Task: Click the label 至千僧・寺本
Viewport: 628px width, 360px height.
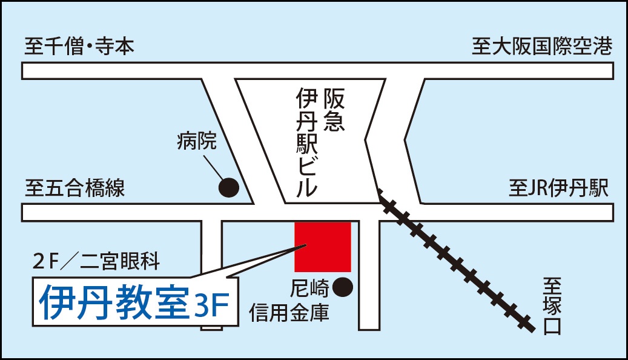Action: pyautogui.click(x=79, y=46)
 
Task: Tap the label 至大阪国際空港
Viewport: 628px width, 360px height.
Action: pyautogui.click(x=542, y=46)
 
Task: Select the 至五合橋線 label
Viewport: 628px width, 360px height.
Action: pyautogui.click(x=75, y=188)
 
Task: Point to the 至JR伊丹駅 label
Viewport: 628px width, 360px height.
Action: pyautogui.click(x=559, y=188)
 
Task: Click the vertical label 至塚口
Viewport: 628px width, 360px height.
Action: pyautogui.click(x=553, y=306)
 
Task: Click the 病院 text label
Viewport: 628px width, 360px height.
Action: pyautogui.click(x=196, y=141)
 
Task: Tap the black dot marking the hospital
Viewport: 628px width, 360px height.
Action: pyautogui.click(x=229, y=187)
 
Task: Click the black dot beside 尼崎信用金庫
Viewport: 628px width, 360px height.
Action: pyautogui.click(x=343, y=287)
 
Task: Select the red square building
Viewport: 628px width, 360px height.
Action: pyautogui.click(x=323, y=247)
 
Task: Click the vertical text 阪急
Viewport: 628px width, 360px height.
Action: pyautogui.click(x=334, y=110)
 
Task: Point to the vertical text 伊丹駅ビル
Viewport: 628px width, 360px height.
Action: pyautogui.click(x=307, y=143)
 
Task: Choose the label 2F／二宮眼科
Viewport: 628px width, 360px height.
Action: pyautogui.click(x=96, y=262)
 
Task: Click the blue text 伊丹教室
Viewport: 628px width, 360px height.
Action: pyautogui.click(x=114, y=302)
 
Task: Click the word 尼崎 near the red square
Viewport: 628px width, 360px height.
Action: pyautogui.click(x=309, y=288)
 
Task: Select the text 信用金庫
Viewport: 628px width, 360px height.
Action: pyautogui.click(x=289, y=313)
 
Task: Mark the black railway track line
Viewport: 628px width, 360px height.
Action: pyautogui.click(x=457, y=261)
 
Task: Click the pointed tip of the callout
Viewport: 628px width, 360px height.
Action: pyautogui.click(x=306, y=245)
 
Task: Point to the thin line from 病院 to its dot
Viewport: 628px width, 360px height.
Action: pyautogui.click(x=214, y=168)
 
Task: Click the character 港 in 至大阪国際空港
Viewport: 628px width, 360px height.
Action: pyautogui.click(x=603, y=46)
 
